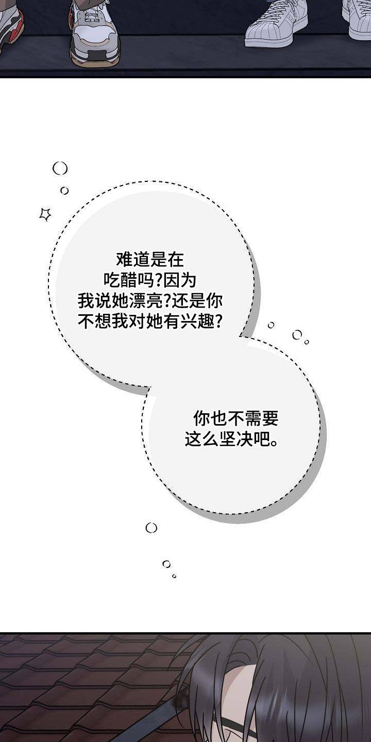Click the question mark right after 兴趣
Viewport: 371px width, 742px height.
tap(218, 322)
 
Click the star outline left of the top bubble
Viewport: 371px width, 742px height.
tap(45, 214)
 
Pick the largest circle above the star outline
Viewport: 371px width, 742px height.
tap(60, 168)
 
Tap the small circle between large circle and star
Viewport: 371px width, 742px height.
tap(64, 191)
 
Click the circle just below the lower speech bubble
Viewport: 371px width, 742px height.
tap(151, 528)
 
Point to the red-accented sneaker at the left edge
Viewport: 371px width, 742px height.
tap(11, 26)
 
